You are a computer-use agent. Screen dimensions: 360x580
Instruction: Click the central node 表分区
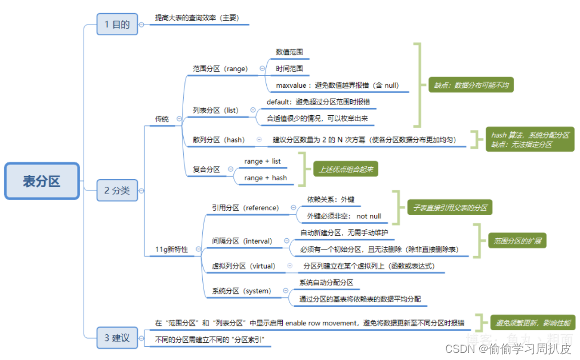(42, 181)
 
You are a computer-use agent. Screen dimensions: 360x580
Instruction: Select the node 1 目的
(117, 24)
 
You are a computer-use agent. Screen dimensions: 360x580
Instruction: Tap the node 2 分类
(117, 190)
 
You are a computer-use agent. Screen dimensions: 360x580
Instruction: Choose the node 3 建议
(117, 338)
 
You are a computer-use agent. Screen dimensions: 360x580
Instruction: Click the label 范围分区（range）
(220, 69)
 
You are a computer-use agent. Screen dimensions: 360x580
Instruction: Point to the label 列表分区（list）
(215, 110)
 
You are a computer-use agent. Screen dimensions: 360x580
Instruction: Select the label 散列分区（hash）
(218, 140)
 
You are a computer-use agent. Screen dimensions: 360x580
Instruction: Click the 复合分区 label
(206, 170)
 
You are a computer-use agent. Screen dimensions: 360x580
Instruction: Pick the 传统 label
(161, 119)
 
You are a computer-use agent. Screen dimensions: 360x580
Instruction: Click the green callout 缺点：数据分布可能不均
(471, 85)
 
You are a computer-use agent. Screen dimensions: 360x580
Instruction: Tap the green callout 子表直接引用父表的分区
(449, 208)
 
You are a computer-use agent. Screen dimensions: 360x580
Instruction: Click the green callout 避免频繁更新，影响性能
(532, 323)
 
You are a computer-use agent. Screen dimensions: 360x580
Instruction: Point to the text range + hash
(266, 178)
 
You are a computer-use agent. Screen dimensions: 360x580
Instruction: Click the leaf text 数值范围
(289, 53)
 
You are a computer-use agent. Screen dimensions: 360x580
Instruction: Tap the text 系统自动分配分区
(326, 282)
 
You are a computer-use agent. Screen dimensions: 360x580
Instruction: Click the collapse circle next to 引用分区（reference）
(293, 208)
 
